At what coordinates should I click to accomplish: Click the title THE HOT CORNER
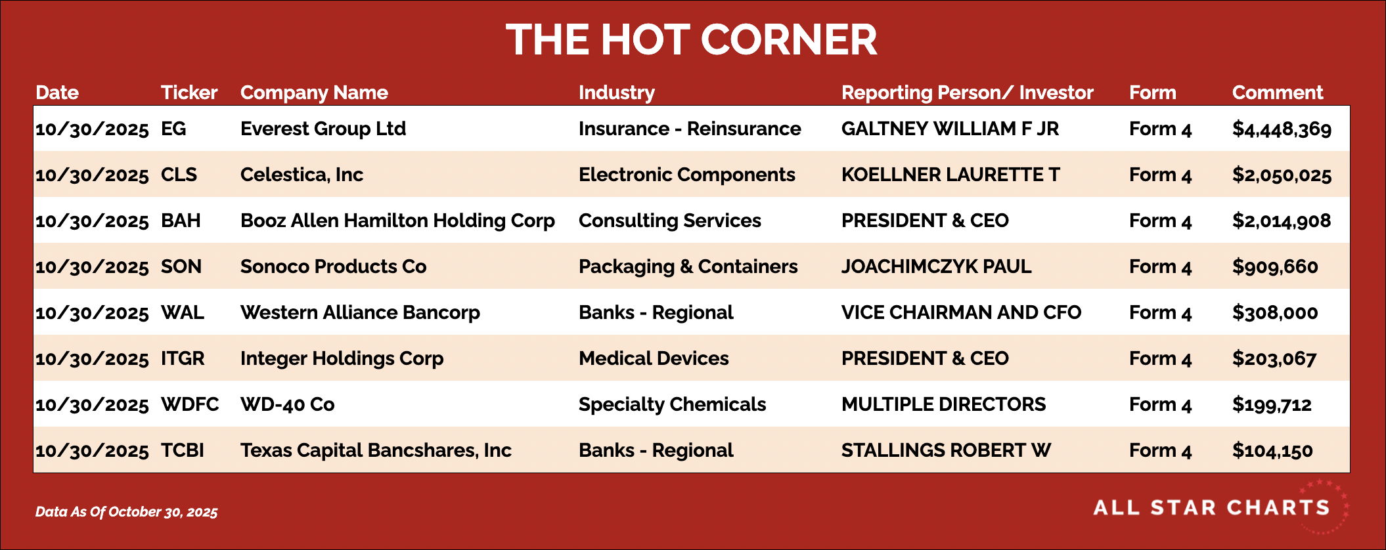[x=692, y=39]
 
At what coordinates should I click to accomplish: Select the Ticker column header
[x=189, y=93]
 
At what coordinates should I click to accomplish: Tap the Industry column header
[x=617, y=93]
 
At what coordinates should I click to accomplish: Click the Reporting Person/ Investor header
[x=968, y=93]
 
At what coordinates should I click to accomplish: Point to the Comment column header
[x=1278, y=93]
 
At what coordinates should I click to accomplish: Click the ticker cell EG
[x=173, y=129]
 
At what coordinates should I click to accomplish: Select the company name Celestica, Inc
[x=302, y=175]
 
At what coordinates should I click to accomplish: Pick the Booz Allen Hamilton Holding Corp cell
[x=397, y=221]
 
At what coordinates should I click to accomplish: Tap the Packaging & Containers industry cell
[x=688, y=267]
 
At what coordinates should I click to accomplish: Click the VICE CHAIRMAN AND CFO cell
[x=961, y=312]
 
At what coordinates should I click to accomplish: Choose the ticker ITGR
[x=183, y=358]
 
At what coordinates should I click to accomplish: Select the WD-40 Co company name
[x=288, y=404]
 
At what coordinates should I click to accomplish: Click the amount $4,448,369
[x=1282, y=129]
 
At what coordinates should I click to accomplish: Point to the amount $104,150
[x=1272, y=451]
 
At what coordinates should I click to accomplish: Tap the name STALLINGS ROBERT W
[x=946, y=450]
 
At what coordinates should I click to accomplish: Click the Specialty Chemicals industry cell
[x=672, y=405]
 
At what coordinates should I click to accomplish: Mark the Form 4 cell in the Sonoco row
[x=1160, y=266]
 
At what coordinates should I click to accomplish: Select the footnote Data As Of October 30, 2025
[x=126, y=512]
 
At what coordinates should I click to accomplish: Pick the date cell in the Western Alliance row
[x=92, y=313]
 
